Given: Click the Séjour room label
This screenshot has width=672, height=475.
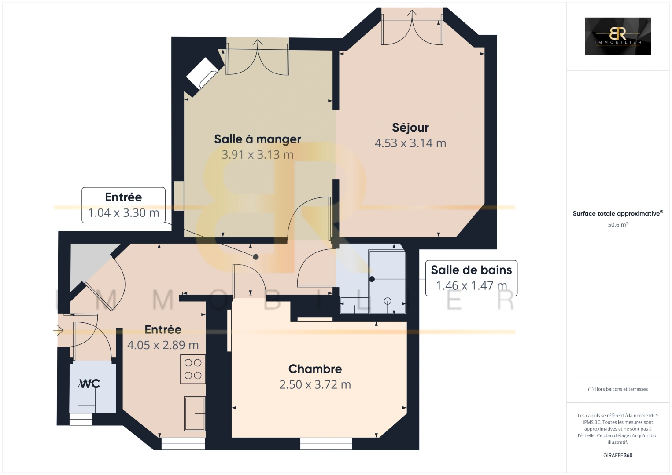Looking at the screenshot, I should (410, 128).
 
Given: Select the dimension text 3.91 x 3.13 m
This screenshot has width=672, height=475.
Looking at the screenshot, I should (257, 155).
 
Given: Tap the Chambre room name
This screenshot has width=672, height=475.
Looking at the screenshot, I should (315, 369).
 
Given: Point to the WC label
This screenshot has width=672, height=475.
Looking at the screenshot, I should (89, 384).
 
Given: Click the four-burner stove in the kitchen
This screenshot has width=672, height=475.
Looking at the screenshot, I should (193, 369).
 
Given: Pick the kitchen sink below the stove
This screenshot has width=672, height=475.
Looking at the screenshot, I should (194, 413).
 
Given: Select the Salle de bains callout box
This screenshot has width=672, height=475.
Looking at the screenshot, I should (471, 278).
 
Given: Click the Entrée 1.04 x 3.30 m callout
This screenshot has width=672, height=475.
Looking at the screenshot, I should (123, 205).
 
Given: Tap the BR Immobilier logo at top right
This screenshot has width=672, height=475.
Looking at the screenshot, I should (617, 36).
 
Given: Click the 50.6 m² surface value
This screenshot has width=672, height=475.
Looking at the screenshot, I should (617, 225).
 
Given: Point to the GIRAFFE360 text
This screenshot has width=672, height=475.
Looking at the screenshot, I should (617, 455).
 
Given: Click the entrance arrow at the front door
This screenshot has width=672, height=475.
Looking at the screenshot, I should (58, 330).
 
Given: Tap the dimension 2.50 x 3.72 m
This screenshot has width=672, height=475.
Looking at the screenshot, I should (315, 385).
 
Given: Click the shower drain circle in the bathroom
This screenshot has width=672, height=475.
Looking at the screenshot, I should (388, 301).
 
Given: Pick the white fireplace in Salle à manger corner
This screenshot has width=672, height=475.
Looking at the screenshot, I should (202, 73).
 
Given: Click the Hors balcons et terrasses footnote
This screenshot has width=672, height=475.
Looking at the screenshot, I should (617, 389).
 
